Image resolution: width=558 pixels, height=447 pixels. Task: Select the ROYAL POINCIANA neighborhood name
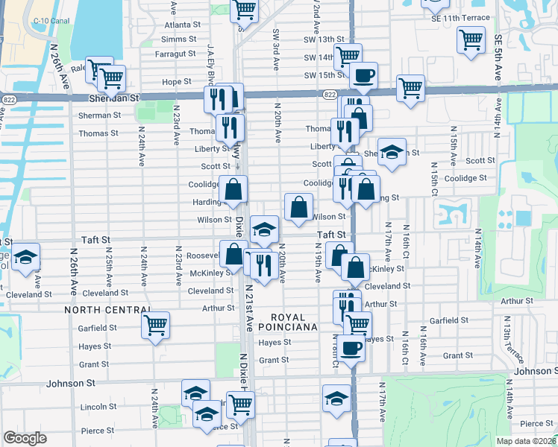coord(288,322)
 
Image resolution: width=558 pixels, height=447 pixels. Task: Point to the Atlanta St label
coord(182,24)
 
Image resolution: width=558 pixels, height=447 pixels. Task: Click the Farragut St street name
coord(175,54)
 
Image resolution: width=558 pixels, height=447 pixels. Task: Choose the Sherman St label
coord(99,115)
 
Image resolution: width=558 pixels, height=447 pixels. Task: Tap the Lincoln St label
coord(94,407)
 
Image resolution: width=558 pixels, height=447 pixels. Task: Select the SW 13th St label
coord(324,39)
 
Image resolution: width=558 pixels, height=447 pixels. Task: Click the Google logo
coord(25,439)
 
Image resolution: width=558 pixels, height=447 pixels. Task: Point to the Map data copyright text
coord(525,441)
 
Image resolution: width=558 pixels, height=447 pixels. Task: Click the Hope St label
coord(177,82)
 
